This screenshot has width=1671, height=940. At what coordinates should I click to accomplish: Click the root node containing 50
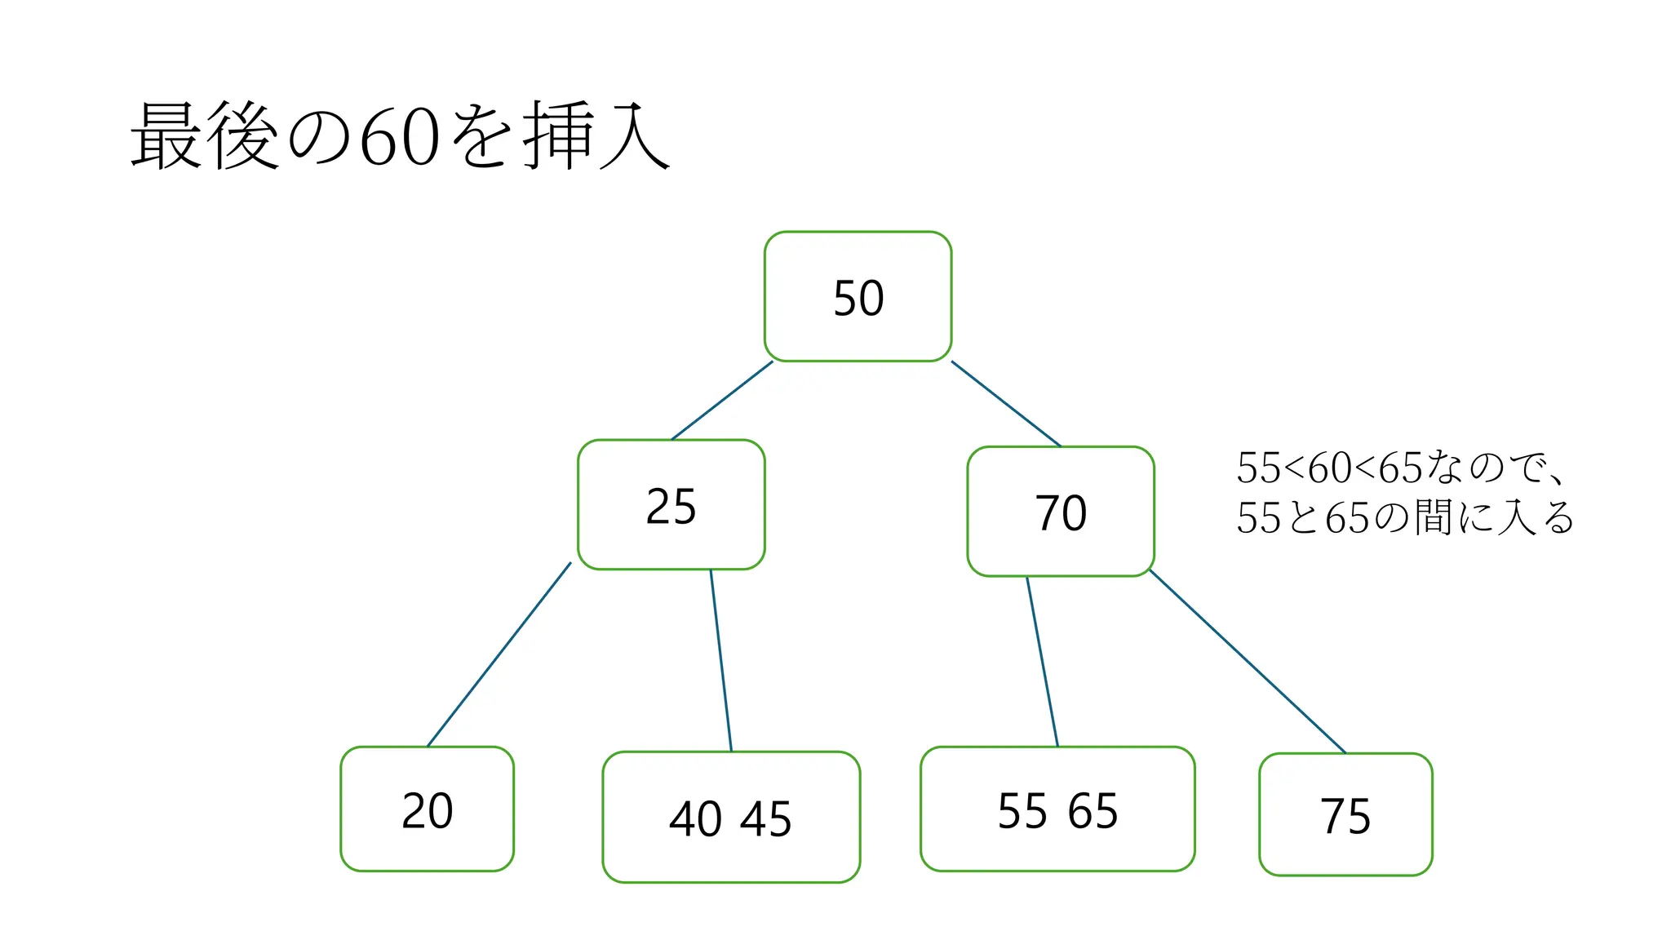(x=858, y=297)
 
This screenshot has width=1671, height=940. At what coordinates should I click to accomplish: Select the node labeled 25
(x=671, y=505)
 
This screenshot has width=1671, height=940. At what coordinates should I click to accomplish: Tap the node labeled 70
(x=1060, y=512)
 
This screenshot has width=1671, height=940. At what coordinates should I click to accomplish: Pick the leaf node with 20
(x=427, y=809)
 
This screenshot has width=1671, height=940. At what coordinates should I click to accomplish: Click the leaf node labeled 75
(x=1345, y=814)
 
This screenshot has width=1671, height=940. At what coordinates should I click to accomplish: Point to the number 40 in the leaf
(x=695, y=818)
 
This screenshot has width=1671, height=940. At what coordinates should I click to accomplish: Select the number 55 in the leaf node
(x=1022, y=811)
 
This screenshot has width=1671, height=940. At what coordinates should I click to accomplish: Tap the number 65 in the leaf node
(x=1093, y=811)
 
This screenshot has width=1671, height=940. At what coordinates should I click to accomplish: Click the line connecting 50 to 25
(x=722, y=401)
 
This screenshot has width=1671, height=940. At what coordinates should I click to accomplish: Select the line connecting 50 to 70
(x=1006, y=404)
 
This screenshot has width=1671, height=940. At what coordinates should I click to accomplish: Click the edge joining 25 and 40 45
(x=720, y=660)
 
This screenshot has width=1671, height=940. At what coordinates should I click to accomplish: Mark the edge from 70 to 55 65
(x=1042, y=661)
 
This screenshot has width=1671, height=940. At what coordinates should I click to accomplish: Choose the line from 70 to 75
(x=1247, y=661)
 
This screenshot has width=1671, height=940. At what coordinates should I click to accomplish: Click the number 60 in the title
(x=400, y=137)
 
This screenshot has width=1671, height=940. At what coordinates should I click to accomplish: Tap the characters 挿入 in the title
(x=596, y=135)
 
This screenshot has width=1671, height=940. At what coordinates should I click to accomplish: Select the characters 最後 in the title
(x=206, y=135)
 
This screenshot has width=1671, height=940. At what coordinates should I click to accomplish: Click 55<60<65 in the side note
(x=1329, y=468)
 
